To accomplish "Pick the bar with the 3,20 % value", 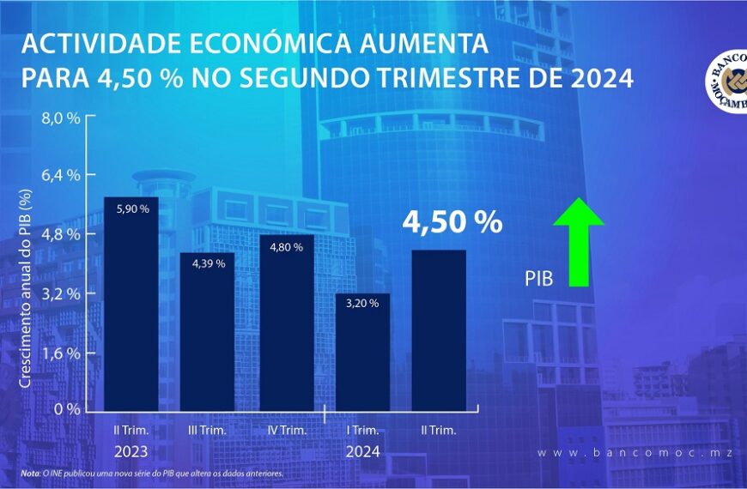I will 362,351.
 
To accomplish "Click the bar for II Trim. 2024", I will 440,329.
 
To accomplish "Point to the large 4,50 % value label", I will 452,223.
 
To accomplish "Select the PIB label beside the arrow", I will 538,279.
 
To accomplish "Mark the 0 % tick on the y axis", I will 69,409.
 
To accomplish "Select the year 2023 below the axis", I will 131,450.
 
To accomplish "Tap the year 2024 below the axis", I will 362,450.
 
